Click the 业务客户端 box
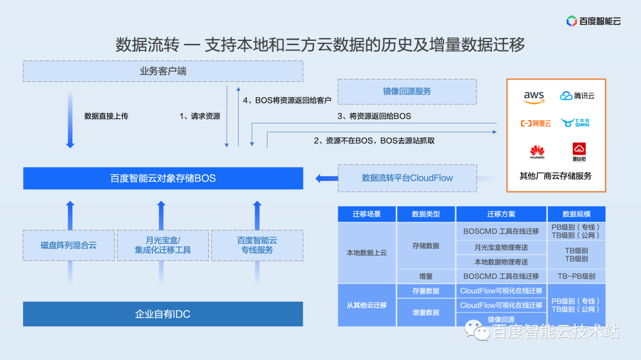[163, 71]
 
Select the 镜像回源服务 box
[407, 91]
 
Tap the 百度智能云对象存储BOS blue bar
[163, 178]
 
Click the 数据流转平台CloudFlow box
[407, 178]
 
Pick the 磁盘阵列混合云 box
[69, 245]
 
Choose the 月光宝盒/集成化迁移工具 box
[163, 245]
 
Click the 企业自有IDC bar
[163, 314]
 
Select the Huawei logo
[537, 151]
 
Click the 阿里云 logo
[536, 123]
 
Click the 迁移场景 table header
[367, 214]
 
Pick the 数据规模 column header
[576, 214]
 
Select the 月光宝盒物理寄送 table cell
[501, 247]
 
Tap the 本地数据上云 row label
[367, 252]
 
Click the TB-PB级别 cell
[576, 276]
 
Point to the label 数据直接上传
[106, 116]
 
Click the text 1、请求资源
[199, 116]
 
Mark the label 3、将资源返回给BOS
[374, 116]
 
